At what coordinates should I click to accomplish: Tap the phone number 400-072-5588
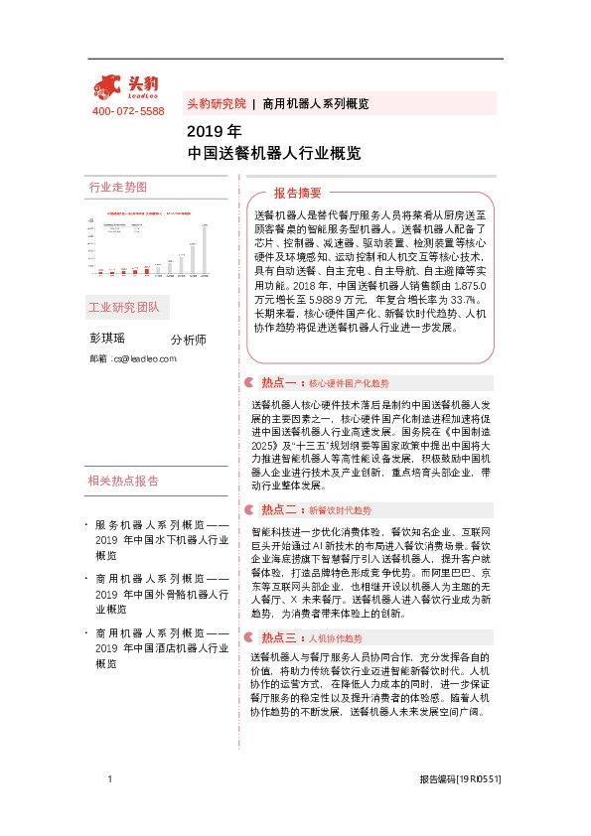click(x=127, y=111)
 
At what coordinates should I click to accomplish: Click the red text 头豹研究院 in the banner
click(x=216, y=104)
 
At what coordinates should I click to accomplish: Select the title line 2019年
click(x=214, y=131)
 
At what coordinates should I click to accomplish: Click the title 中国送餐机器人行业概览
click(x=273, y=154)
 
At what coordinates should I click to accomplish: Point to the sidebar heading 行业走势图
click(x=117, y=188)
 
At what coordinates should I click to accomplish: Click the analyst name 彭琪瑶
click(x=109, y=339)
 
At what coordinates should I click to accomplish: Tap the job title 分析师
click(x=188, y=340)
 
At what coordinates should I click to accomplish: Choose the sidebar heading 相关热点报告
click(x=123, y=482)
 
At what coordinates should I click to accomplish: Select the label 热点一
click(x=280, y=382)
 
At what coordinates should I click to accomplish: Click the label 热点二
click(x=280, y=509)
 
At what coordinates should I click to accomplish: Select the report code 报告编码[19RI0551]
click(x=459, y=781)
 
